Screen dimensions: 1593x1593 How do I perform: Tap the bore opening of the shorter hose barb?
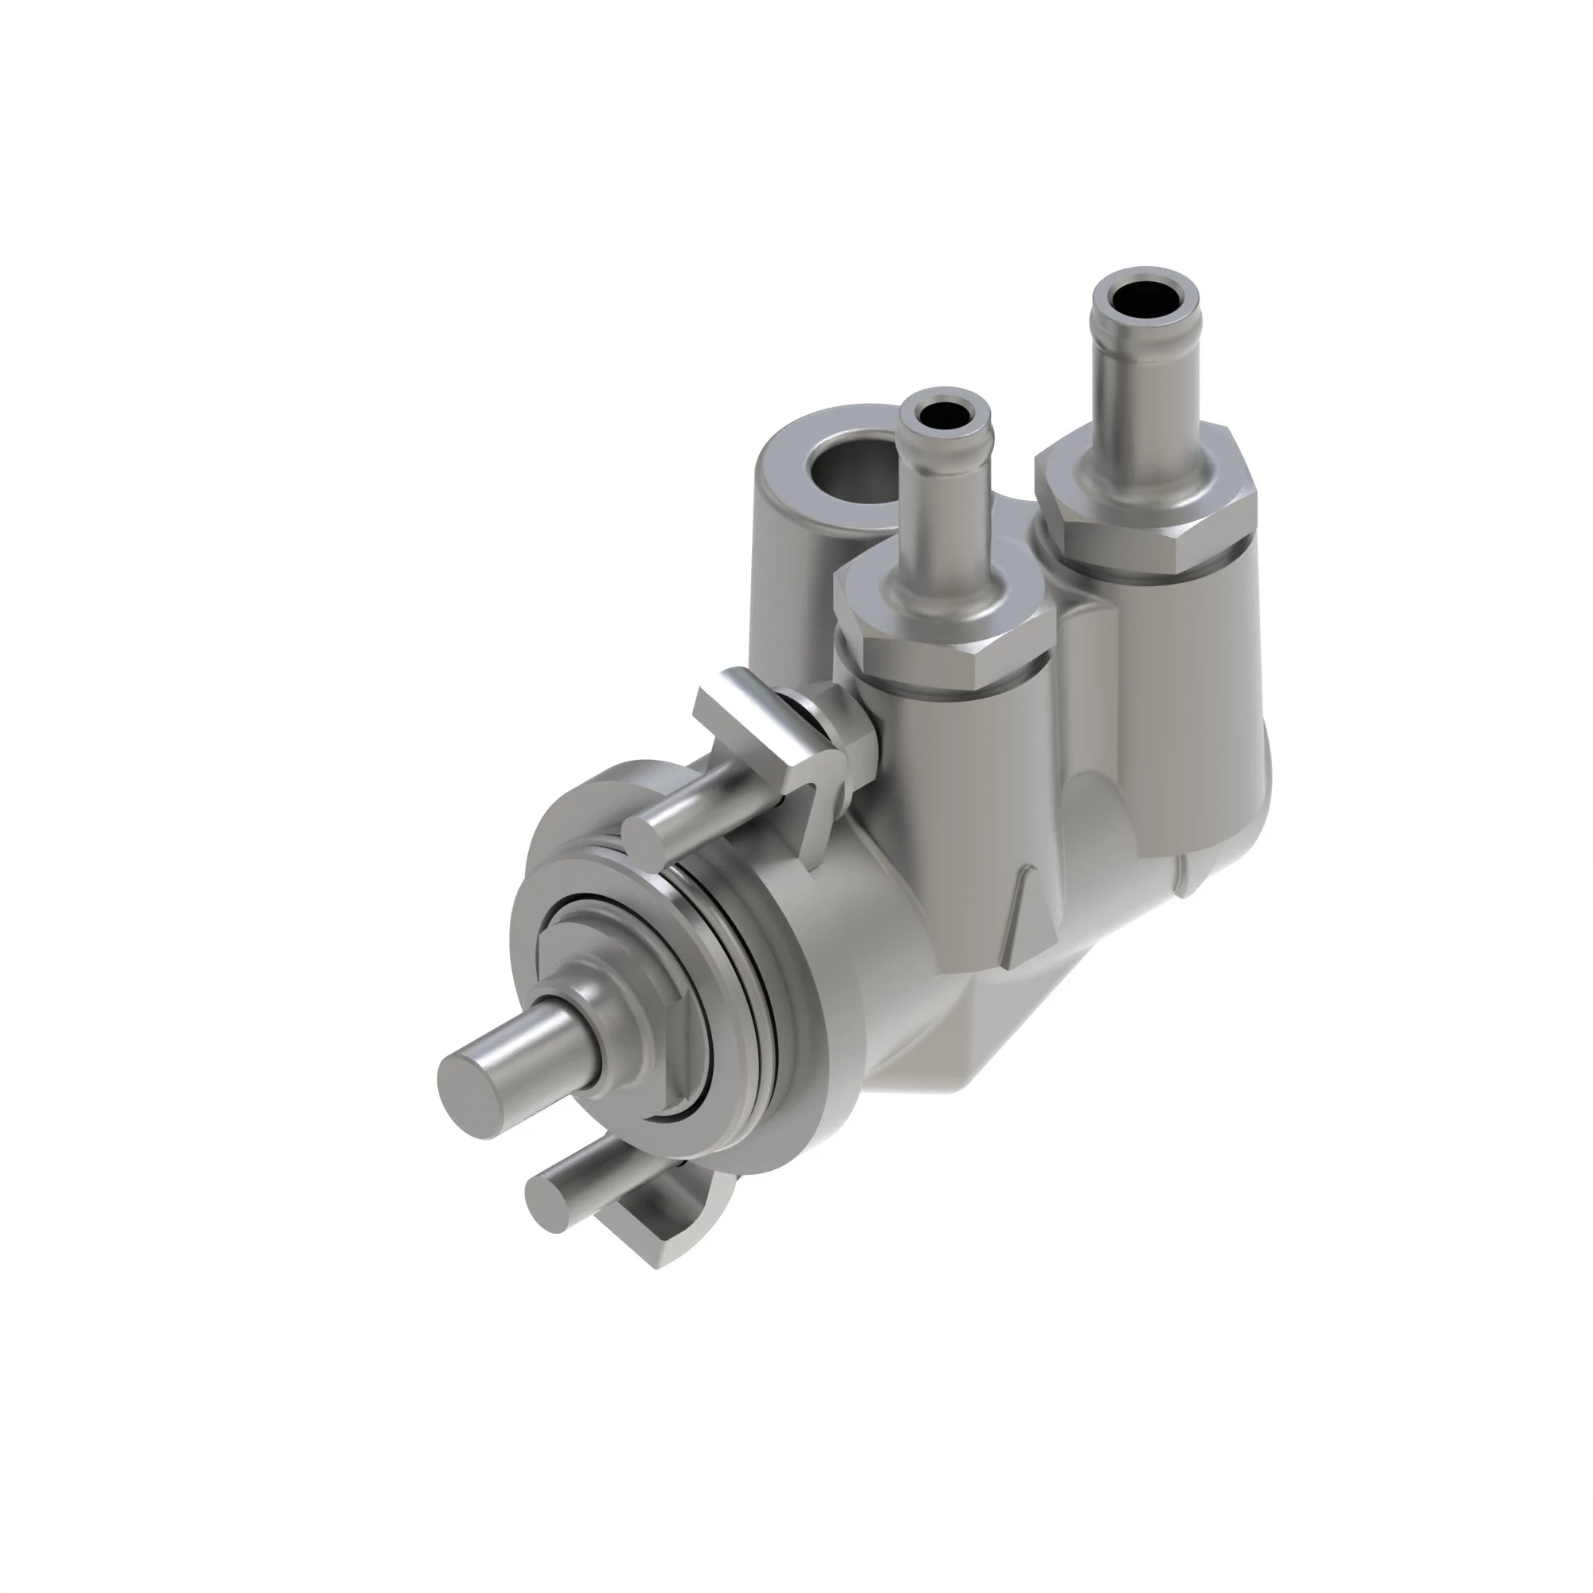pyautogui.click(x=945, y=415)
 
